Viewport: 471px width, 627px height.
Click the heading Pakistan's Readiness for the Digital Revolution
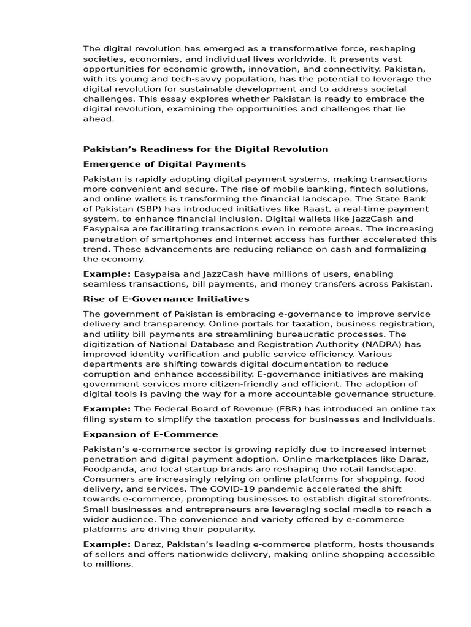tap(205, 149)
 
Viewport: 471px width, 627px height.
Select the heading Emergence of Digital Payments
tap(164, 164)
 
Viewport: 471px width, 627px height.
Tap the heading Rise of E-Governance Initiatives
tap(166, 299)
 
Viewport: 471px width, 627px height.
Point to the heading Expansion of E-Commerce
tap(150, 434)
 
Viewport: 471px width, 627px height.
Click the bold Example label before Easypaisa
tap(107, 274)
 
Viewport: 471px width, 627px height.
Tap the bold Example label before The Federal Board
tap(107, 409)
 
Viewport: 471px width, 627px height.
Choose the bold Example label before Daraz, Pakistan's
tap(107, 544)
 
